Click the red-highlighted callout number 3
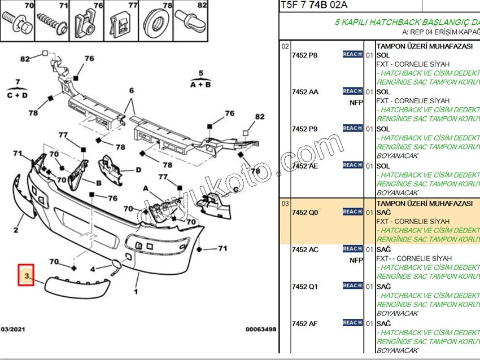tap(26, 275)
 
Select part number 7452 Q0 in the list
tap(305, 213)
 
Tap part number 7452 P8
tap(305, 55)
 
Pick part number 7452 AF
tap(305, 323)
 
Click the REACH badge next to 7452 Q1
tap(352, 286)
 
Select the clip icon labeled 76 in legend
tap(82, 23)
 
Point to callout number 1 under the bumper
tap(136, 292)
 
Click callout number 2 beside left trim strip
tap(16, 230)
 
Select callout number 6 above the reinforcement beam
tap(132, 91)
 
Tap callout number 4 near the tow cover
tap(93, 269)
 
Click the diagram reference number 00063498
tap(260, 329)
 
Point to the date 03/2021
tap(12, 329)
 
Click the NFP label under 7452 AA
tap(356, 103)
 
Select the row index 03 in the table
tap(285, 203)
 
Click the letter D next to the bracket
tap(138, 169)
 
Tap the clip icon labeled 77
tap(119, 23)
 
